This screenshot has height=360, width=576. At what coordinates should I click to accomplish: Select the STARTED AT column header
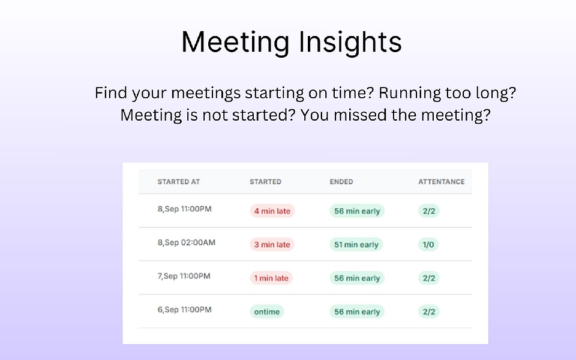coord(179,182)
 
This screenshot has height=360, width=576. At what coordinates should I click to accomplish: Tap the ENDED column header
coord(341,182)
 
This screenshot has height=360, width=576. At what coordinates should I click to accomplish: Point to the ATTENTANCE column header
coord(441,182)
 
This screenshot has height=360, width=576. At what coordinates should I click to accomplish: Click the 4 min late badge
coord(272,211)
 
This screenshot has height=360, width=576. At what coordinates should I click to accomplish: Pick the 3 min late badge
coord(272,245)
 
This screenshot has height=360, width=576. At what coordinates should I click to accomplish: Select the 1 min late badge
coord(271,278)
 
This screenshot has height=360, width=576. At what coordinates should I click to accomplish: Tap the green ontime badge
coord(267,312)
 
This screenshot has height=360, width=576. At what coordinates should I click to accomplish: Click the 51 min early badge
coord(356,245)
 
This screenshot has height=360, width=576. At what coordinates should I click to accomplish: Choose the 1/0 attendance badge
coord(428,245)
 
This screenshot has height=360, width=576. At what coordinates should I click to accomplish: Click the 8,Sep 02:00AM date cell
coord(187,243)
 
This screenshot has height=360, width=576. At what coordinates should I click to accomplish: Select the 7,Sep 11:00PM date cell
coord(184,277)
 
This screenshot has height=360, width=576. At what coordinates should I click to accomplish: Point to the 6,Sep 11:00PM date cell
coord(184,310)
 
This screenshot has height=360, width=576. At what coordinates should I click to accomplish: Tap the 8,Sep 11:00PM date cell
coord(185,209)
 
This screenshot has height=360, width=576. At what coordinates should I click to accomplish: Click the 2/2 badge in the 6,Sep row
coord(429,312)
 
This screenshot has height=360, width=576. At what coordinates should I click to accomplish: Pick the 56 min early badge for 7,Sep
coord(357,278)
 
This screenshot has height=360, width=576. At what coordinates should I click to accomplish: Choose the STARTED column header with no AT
coord(265,182)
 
